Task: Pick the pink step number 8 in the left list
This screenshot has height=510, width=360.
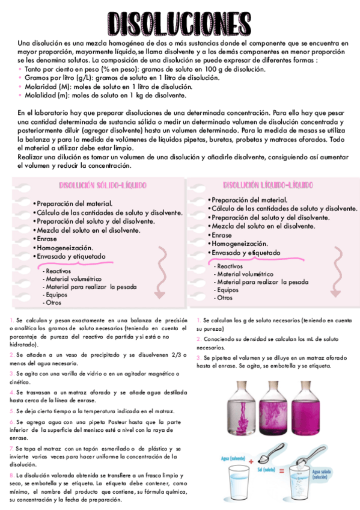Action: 11,475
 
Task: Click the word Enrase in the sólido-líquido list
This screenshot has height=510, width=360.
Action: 46,239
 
